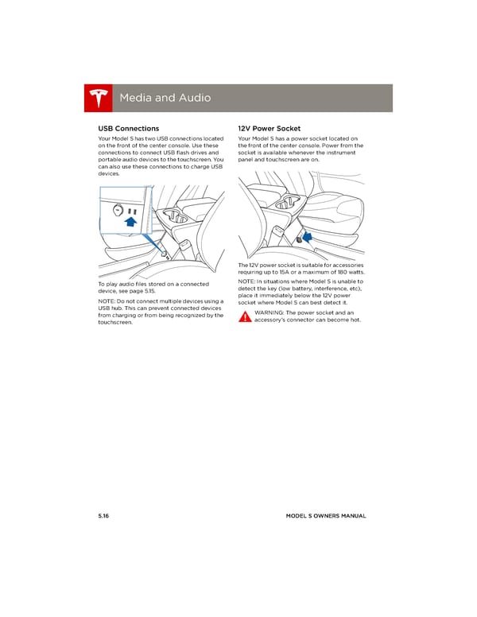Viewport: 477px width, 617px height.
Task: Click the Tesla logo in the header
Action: point(98,98)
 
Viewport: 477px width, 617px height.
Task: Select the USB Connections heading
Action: point(128,128)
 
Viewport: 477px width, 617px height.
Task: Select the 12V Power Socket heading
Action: point(269,128)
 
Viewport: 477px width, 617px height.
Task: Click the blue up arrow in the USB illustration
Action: point(130,225)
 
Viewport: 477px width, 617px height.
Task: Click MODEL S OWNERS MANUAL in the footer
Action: point(326,516)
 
